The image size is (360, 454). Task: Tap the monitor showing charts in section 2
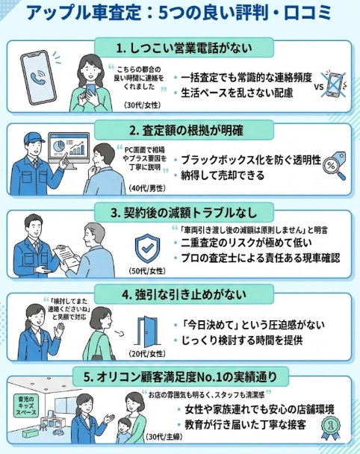pos(70,152)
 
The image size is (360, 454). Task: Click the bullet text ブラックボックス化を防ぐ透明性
pos(246,161)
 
